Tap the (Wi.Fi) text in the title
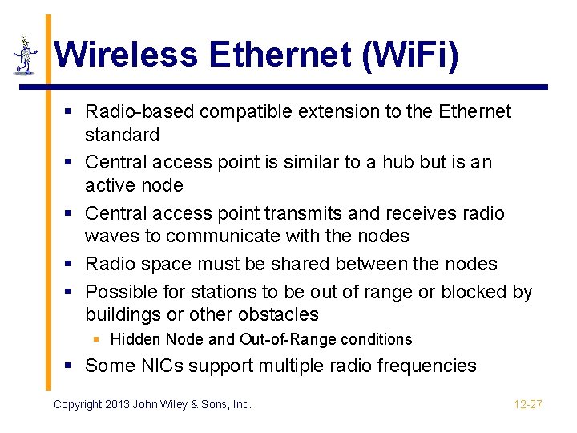410,55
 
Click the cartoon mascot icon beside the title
26,56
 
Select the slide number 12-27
528,404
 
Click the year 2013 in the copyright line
124,404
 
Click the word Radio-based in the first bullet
139,111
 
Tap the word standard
122,135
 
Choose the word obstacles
276,314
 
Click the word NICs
163,366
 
